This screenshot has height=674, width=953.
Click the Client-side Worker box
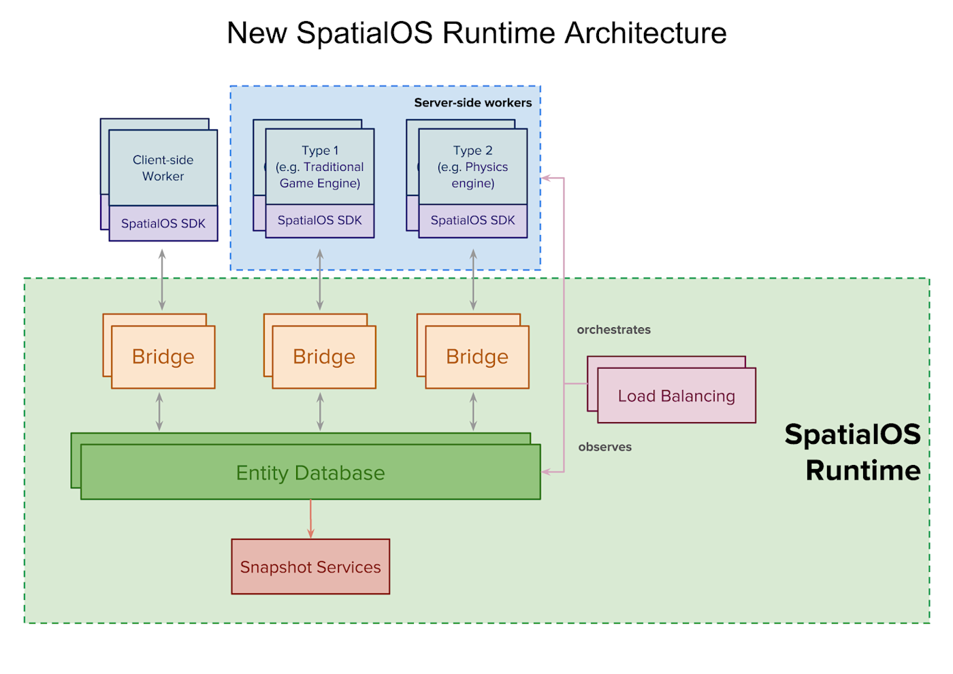[x=163, y=168]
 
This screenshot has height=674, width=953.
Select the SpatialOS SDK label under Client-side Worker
[x=163, y=223]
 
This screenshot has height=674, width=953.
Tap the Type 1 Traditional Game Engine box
[x=320, y=167]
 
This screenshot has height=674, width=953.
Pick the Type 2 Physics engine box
[x=473, y=167]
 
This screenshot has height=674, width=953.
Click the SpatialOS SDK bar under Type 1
[x=320, y=221]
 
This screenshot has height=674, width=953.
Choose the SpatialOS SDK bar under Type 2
[x=473, y=221]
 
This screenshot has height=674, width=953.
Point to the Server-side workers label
[x=473, y=103]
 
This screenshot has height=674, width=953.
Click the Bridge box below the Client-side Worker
[x=163, y=357]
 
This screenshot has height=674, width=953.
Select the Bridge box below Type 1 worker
[x=324, y=357]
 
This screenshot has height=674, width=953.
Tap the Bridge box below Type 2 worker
[x=477, y=357]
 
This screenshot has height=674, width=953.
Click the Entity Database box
[x=310, y=472]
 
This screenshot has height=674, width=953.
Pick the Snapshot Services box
[x=310, y=566]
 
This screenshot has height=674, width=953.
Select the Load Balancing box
[x=677, y=396]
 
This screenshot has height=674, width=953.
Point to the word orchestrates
[x=614, y=330]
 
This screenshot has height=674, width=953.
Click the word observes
[x=605, y=447]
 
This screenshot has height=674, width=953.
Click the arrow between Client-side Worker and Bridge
[x=162, y=280]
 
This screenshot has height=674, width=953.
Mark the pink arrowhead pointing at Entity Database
[x=546, y=471]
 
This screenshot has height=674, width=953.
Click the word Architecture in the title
[x=646, y=33]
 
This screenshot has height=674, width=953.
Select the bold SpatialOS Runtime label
[x=853, y=452]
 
